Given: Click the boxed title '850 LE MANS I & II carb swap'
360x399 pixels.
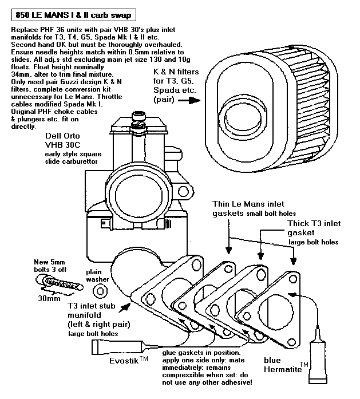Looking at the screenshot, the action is pyautogui.click(x=73, y=15).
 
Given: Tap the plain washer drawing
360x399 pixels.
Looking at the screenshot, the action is pyautogui.click(x=100, y=291).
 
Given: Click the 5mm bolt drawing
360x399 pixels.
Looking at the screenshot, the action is pyautogui.click(x=60, y=283).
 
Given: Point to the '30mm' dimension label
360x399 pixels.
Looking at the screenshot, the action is pyautogui.click(x=49, y=298).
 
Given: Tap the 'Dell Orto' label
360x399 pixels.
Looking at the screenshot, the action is pyautogui.click(x=62, y=136).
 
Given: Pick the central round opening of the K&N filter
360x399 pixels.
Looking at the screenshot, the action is pyautogui.click(x=243, y=117).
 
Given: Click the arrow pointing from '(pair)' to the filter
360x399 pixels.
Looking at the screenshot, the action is pyautogui.click(x=189, y=101).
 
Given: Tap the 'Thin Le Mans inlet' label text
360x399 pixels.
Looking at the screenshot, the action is pyautogui.click(x=248, y=204).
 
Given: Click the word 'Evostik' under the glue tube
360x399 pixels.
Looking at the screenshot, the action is pyautogui.click(x=124, y=361).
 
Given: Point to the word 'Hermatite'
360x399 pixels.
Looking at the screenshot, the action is pyautogui.click(x=283, y=369).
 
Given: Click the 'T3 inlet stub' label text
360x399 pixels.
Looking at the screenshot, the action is pyautogui.click(x=92, y=306).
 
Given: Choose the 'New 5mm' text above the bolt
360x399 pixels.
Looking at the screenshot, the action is pyautogui.click(x=49, y=262).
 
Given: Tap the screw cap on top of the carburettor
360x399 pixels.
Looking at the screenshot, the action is pyautogui.click(x=139, y=116).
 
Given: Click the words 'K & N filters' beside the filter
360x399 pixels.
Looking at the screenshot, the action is pyautogui.click(x=176, y=72).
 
